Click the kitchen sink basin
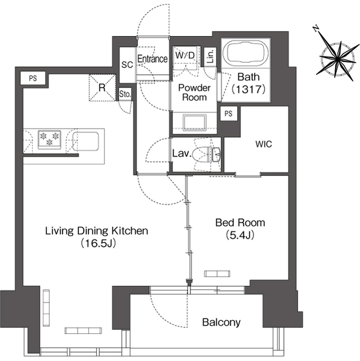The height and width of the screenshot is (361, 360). pos(86,142)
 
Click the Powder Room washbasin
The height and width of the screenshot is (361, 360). pos(194,122)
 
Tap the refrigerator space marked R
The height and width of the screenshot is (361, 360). pos(102,87)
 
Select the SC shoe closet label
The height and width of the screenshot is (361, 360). pos(127,65)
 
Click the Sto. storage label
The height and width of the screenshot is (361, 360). pos(125,94)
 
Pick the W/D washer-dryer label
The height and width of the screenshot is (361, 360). pos(185,55)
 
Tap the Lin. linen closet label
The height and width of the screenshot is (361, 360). pos(210,56)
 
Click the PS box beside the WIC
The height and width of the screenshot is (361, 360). pos(229,113)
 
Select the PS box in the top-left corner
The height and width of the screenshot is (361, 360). pos(33,78)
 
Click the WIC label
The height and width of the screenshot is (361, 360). pos(264,144)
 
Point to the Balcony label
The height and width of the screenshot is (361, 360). pos(221,322)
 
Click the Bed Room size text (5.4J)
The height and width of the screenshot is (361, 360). pos(240,235)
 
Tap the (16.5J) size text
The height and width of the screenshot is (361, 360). pos(97,243)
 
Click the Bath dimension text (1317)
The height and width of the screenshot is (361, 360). pos(248,89)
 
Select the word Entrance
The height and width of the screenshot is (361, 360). pos(153,59)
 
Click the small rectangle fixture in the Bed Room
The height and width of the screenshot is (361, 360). pos(217,274)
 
